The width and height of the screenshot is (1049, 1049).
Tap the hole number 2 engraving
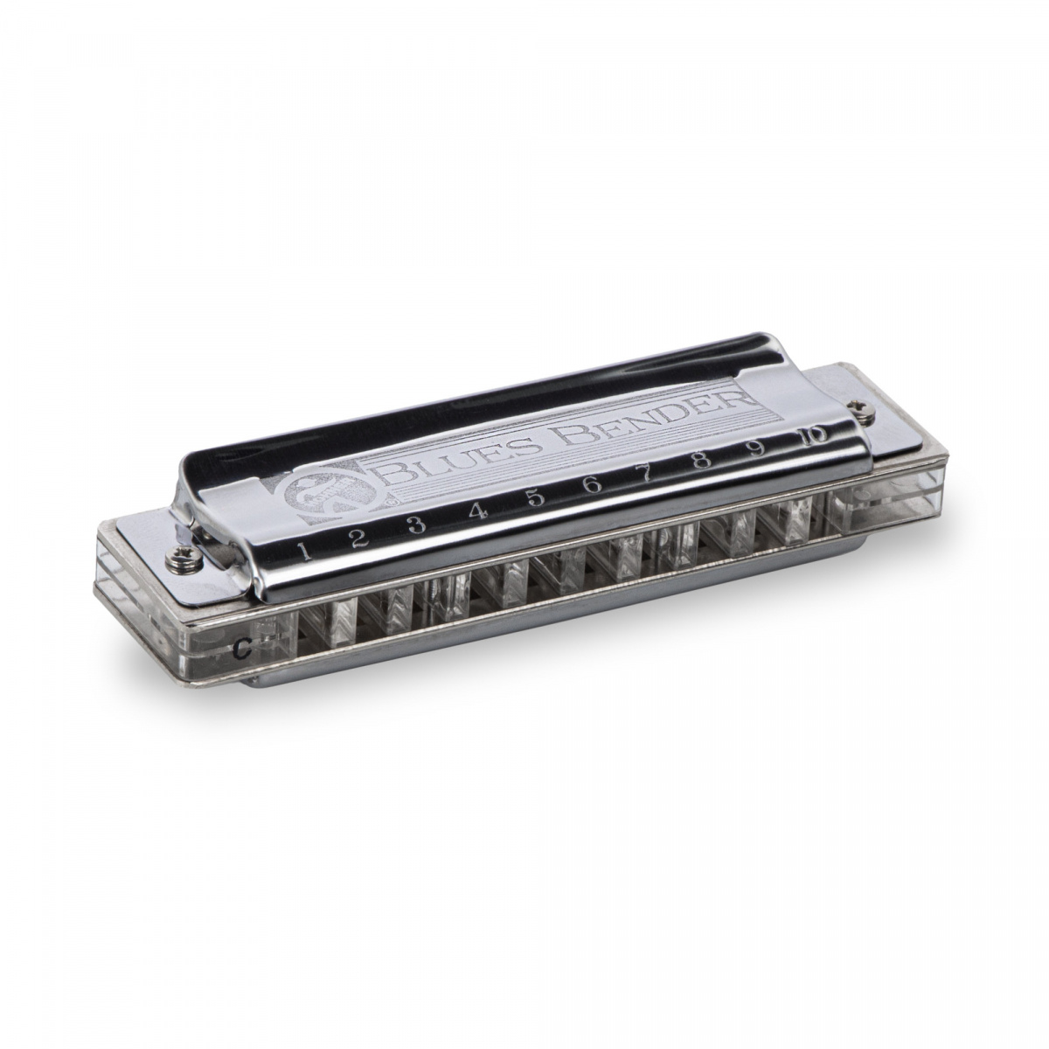tap(357, 538)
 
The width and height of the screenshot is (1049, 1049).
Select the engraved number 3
tap(416, 524)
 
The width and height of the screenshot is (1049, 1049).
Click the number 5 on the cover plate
tap(536, 498)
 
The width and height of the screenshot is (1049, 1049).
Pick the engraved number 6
tap(593, 486)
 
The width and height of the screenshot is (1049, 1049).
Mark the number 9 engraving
tap(757, 448)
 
